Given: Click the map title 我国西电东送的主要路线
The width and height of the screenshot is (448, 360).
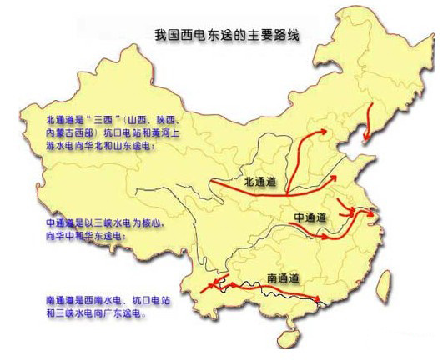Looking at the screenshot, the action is click(x=227, y=36).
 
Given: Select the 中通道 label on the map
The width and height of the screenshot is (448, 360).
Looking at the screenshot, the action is click(x=309, y=217).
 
